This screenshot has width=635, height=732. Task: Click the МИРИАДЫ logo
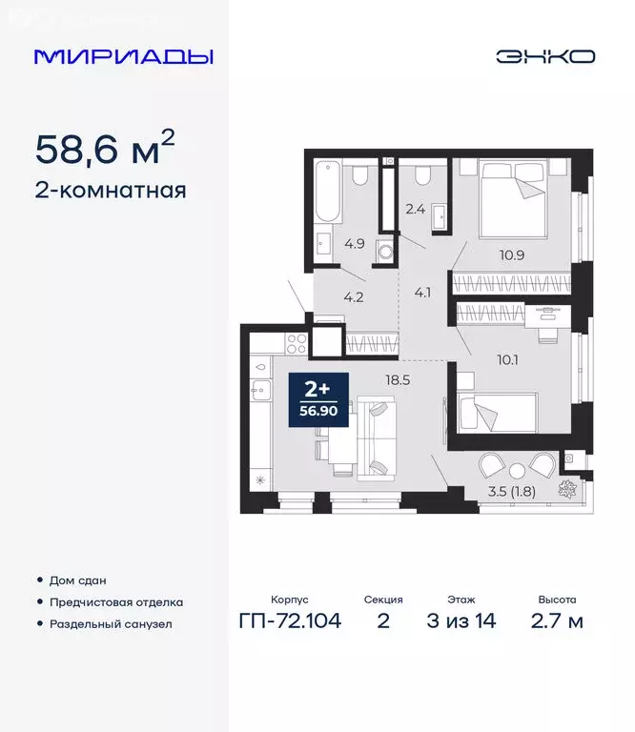pos(123,56)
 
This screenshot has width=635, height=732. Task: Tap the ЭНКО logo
pos(544,56)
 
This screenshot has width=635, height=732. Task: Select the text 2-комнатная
pos(110,190)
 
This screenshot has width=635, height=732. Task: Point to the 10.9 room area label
pos(511,254)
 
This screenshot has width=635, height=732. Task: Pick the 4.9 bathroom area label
pos(355,243)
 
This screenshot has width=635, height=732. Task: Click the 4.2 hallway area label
pos(354,295)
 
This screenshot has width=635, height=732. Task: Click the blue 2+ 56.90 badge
pos(317,398)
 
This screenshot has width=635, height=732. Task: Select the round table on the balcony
pos(516,469)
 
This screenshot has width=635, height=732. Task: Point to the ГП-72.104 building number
pos(290,622)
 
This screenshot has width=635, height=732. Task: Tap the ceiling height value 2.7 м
pos(555,622)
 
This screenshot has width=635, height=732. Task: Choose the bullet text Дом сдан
pos(77,579)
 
